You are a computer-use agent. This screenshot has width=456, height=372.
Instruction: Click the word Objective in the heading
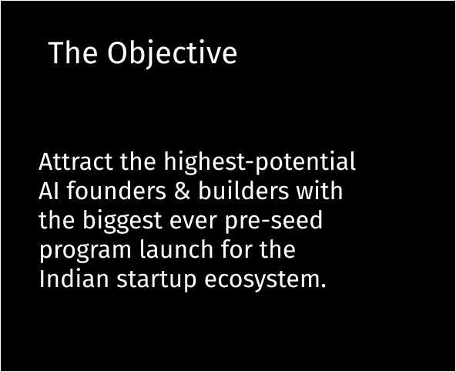coord(172,54)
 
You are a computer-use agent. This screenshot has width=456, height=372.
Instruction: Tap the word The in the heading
coord(72,54)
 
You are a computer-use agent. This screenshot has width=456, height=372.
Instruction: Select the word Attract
coord(76,163)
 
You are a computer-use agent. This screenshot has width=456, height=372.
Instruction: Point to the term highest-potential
coord(260,163)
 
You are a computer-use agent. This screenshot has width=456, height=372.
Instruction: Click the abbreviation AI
coord(46,192)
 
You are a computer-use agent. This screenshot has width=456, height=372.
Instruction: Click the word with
coord(319,192)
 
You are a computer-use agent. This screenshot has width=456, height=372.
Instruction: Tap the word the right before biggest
coord(56,222)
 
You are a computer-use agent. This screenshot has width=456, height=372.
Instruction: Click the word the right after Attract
coord(138,163)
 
